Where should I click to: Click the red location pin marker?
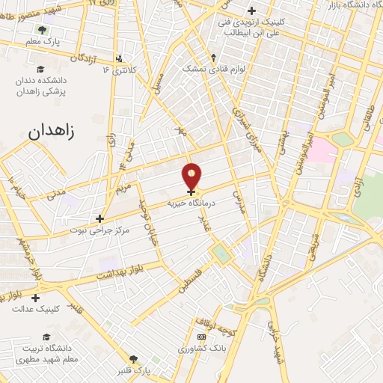pyautogui.click(x=192, y=176)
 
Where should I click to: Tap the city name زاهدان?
pyautogui.click(x=52, y=131)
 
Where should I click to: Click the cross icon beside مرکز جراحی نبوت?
pyautogui.click(x=99, y=218)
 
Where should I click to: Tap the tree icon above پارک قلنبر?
pyautogui.click(x=134, y=360)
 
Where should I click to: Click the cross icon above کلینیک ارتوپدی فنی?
pyautogui.click(x=251, y=11)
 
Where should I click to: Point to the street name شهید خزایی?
pyautogui.click(x=281, y=352)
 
